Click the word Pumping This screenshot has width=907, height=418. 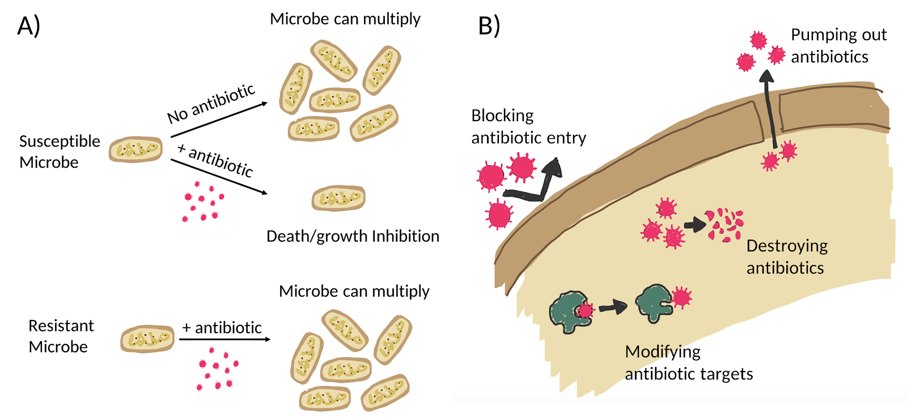tap(817, 36)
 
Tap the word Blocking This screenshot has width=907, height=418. tap(502, 116)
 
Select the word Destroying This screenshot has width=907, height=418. tap(787, 246)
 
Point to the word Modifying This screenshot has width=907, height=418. tap(663, 352)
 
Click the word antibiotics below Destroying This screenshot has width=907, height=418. tap(785, 268)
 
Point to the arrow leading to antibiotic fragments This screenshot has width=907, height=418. tap(694, 225)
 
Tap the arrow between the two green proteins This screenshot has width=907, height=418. tap(613, 308)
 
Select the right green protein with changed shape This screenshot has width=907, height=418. tap(654, 303)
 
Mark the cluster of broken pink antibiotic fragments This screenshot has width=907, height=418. tap(724, 225)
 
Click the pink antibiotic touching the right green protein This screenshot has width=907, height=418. tap(681, 297)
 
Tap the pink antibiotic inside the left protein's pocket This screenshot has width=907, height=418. tap(585, 310)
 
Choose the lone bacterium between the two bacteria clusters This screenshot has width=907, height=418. tap(338, 198)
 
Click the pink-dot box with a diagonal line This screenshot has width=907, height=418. tap(205, 201)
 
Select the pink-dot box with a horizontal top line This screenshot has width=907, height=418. tap(220, 369)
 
